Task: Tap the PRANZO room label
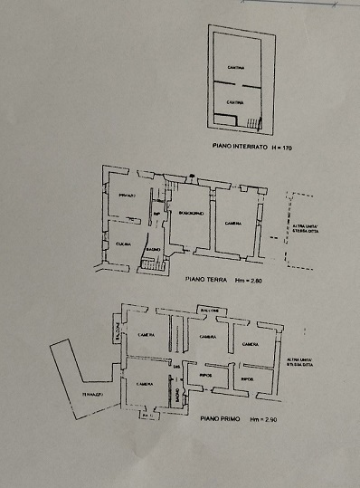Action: [x=126, y=196]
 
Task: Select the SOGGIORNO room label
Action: [x=192, y=213]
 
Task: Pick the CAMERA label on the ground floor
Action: [x=232, y=223]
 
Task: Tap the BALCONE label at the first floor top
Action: [x=209, y=311]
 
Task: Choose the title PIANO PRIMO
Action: [x=211, y=419]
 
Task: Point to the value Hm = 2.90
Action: [x=253, y=419]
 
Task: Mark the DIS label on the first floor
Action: [x=176, y=366]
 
